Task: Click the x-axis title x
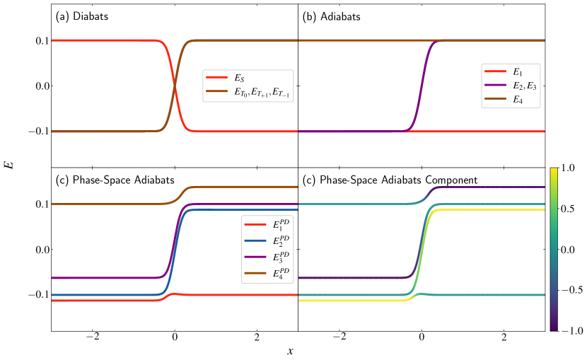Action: click(x=290, y=351)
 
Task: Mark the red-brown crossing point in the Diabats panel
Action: click(x=175, y=86)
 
